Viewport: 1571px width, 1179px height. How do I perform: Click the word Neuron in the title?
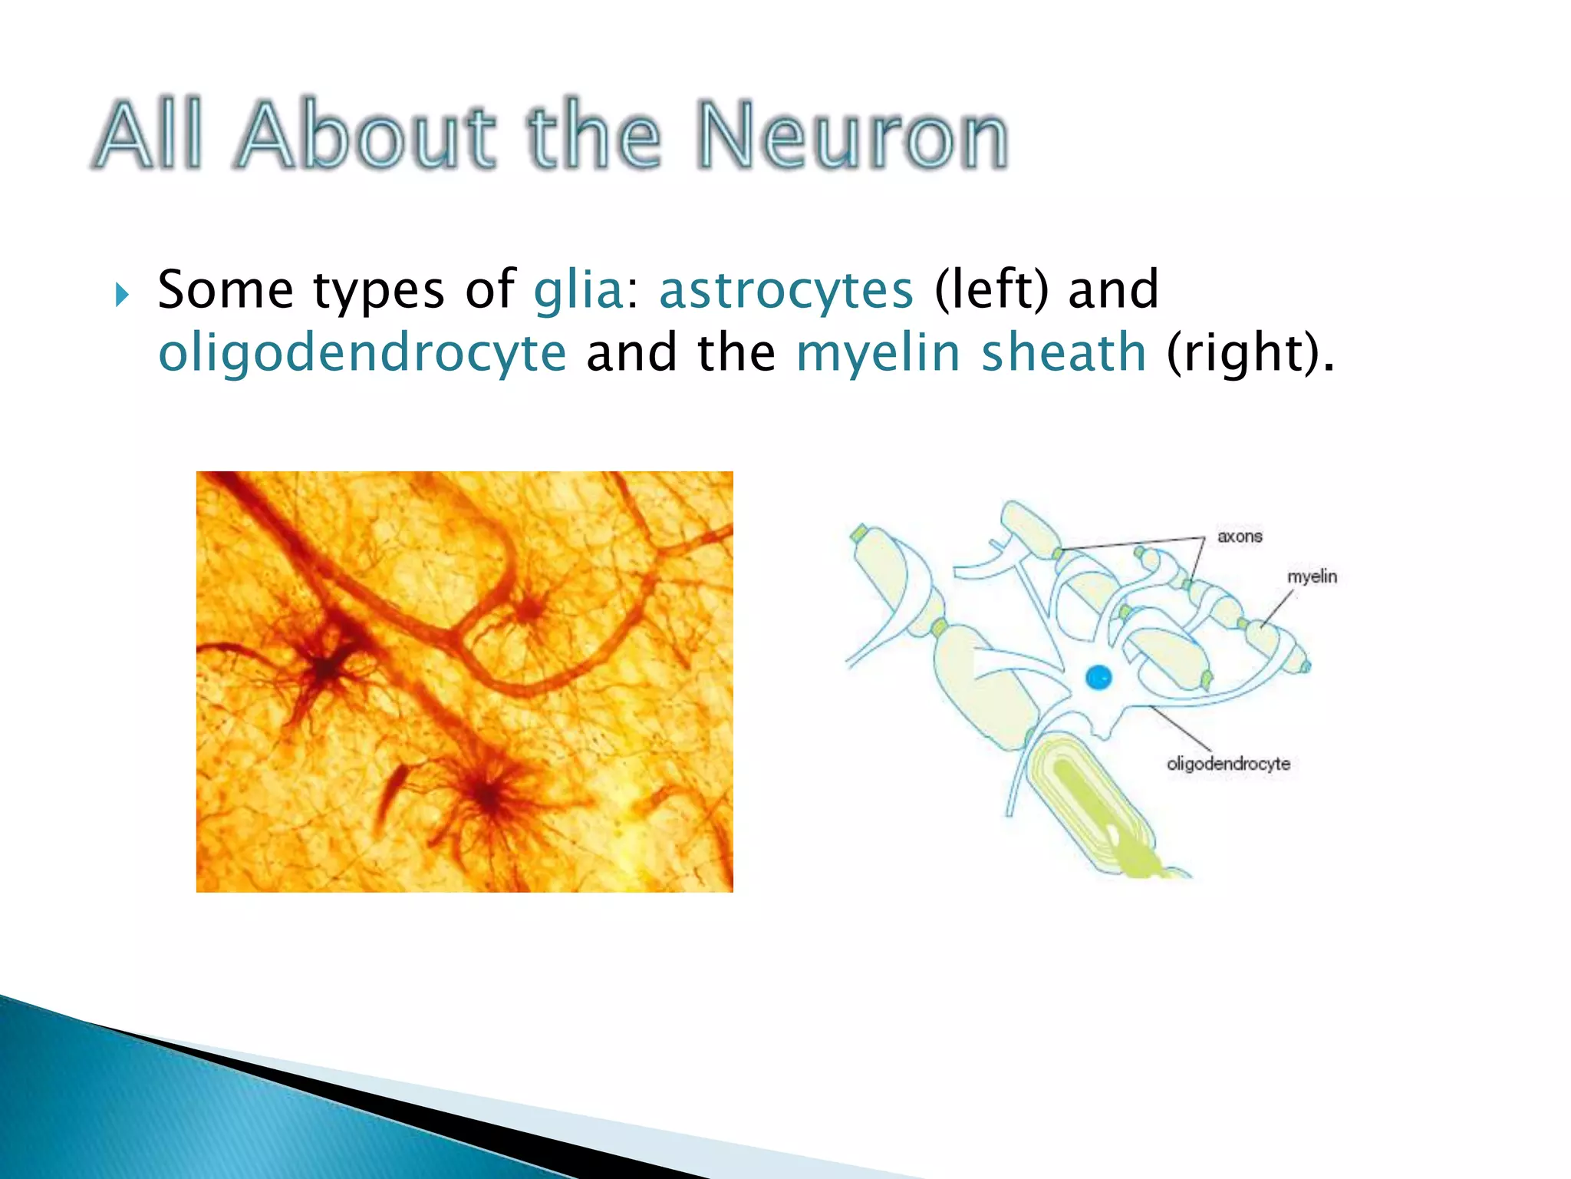(x=851, y=137)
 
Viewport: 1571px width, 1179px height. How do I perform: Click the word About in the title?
(x=367, y=137)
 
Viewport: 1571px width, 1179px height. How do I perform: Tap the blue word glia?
(x=579, y=290)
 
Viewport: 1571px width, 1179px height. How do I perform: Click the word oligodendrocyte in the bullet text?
(x=362, y=354)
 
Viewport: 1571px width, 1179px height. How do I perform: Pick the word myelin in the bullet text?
(x=879, y=354)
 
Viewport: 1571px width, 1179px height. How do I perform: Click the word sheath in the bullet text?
(x=1064, y=352)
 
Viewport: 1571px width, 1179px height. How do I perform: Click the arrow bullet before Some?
(x=122, y=293)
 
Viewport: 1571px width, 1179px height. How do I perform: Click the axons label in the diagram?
(x=1240, y=537)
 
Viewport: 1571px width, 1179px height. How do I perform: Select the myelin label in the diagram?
(x=1312, y=576)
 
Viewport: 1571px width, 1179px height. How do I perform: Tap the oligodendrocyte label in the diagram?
(x=1228, y=764)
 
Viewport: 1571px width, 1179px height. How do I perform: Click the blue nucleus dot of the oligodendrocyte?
(x=1098, y=677)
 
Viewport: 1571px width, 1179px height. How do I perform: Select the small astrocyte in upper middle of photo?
(x=529, y=610)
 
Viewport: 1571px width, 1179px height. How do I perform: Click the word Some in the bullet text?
(x=226, y=290)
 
